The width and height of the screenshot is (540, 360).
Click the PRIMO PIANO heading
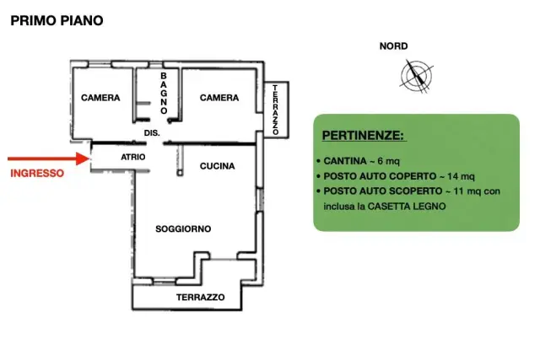(57, 20)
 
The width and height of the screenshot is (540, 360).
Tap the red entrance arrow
(49, 159)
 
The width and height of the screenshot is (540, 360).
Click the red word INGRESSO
(37, 173)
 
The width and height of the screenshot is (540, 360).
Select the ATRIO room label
(133, 157)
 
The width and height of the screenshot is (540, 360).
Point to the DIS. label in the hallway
(152, 133)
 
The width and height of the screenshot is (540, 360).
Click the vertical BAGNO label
(164, 94)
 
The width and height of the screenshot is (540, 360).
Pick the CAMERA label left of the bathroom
(100, 98)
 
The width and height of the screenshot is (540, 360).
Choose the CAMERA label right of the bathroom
(219, 98)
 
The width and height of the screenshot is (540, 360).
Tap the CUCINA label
(218, 166)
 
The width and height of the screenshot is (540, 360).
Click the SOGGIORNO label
(183, 228)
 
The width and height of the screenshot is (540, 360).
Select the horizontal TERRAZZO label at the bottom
(201, 297)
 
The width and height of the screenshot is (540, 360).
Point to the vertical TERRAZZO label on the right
(276, 110)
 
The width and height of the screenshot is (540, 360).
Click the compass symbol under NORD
(416, 76)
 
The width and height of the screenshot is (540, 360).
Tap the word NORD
(394, 46)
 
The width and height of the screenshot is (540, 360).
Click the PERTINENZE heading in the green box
(363, 135)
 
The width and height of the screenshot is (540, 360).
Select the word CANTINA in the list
(345, 161)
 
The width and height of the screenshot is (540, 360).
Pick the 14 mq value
(462, 176)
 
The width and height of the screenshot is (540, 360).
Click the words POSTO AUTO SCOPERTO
(383, 191)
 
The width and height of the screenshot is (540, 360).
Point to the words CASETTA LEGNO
(407, 207)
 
